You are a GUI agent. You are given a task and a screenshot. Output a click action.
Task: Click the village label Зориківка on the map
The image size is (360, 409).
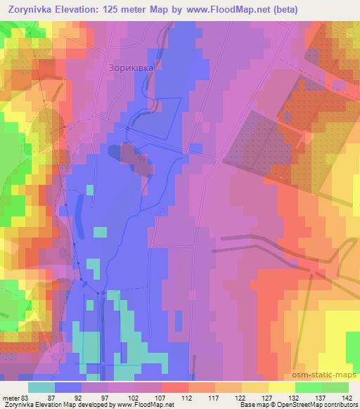130,68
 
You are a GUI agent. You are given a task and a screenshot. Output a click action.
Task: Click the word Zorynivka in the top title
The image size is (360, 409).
32,10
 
